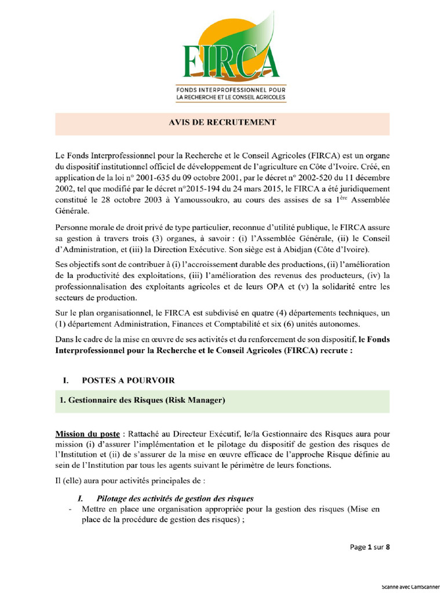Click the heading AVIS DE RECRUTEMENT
pos(222,122)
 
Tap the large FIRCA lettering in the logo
pos(231,62)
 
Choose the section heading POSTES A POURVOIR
pos(128,380)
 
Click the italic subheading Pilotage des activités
pos(174,499)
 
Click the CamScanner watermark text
pos(410,586)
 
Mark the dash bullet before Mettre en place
pos(70,510)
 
